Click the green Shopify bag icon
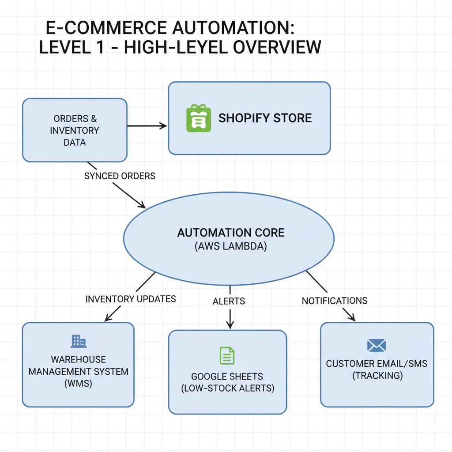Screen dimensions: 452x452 (x=198, y=118)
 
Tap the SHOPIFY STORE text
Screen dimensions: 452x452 (x=265, y=118)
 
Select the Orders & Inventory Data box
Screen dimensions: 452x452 (x=75, y=130)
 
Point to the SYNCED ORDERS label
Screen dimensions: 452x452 (x=120, y=176)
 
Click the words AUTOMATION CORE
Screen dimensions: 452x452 (x=231, y=233)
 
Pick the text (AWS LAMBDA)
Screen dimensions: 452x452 (x=231, y=246)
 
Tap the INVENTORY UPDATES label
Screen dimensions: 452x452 (x=131, y=299)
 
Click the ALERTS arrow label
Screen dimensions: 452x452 (x=229, y=301)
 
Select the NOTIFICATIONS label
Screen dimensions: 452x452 (x=335, y=301)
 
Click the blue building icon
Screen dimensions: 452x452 (x=79, y=341)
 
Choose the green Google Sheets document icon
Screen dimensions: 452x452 (x=227, y=356)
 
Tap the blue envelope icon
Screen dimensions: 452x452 (x=377, y=346)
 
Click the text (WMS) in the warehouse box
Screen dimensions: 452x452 (x=79, y=384)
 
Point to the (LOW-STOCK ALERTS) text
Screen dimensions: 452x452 (x=227, y=388)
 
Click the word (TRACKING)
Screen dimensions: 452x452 (x=377, y=376)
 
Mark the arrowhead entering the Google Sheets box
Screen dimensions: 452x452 (x=230, y=325)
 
